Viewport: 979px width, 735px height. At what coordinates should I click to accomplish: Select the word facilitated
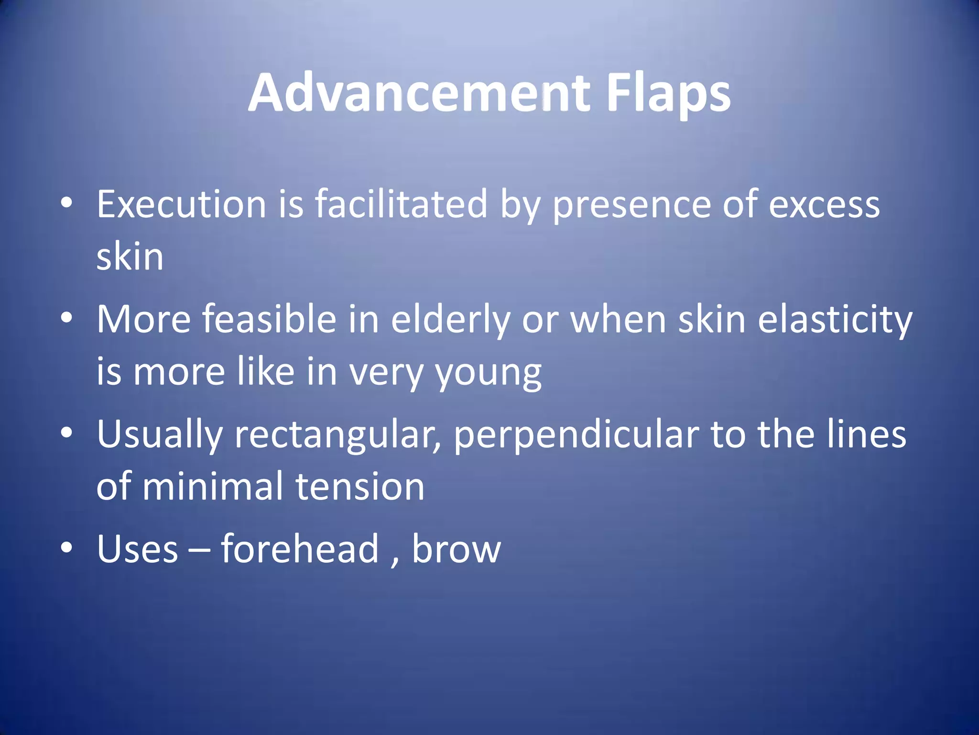click(401, 204)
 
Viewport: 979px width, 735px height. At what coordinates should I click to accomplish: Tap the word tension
click(360, 487)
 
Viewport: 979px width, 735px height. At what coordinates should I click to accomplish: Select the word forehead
click(300, 549)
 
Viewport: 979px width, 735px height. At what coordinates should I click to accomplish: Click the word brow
click(456, 549)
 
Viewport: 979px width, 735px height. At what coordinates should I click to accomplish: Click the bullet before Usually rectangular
click(67, 433)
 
